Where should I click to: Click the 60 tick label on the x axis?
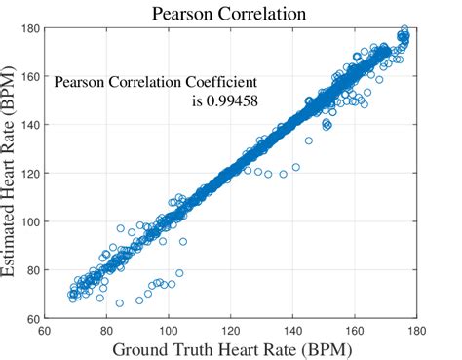pyautogui.click(x=45, y=329)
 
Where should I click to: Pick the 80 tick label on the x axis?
pyautogui.click(x=106, y=329)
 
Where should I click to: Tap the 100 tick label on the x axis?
pyautogui.click(x=169, y=329)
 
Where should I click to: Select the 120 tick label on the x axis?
pyautogui.click(x=231, y=329)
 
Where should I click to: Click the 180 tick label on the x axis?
pyautogui.click(x=416, y=329)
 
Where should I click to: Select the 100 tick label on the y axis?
pyautogui.click(x=32, y=221)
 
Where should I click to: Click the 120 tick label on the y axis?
pyautogui.click(x=32, y=174)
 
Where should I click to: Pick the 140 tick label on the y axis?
pyautogui.click(x=32, y=125)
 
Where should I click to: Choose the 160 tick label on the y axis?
pyautogui.click(x=32, y=77)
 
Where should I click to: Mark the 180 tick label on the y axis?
pyautogui.click(x=32, y=29)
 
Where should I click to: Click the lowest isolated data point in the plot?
pyautogui.click(x=120, y=303)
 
